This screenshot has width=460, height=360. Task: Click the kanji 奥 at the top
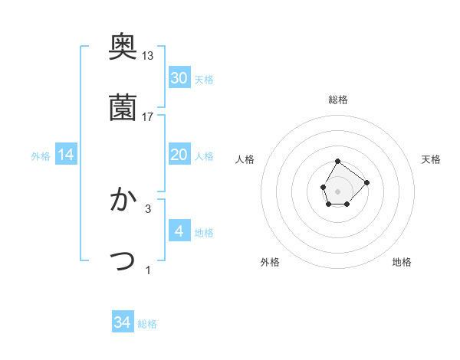click(123, 47)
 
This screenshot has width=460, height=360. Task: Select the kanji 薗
click(123, 107)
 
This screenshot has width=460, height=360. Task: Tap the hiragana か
click(123, 200)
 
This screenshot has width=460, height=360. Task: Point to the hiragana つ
click(123, 261)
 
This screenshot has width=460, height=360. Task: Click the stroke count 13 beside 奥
click(148, 56)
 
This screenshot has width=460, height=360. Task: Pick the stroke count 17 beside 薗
click(148, 117)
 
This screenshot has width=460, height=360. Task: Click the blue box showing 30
click(179, 78)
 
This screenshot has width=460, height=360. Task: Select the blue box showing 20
click(179, 155)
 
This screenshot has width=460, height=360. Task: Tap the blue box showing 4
click(179, 231)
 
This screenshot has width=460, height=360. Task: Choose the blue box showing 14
click(66, 155)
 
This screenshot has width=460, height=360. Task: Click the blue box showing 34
click(123, 322)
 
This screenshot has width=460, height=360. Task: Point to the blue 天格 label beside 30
click(204, 80)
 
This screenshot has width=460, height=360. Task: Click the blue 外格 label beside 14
click(41, 156)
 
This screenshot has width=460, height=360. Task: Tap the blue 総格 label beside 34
click(147, 324)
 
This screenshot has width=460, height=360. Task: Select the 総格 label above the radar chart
click(338, 100)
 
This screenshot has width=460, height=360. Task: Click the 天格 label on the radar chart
click(432, 159)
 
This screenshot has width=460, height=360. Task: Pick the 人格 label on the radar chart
click(245, 159)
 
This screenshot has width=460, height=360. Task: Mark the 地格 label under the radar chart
click(402, 262)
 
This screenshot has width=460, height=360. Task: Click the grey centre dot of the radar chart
click(338, 190)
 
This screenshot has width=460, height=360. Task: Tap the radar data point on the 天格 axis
click(366, 182)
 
